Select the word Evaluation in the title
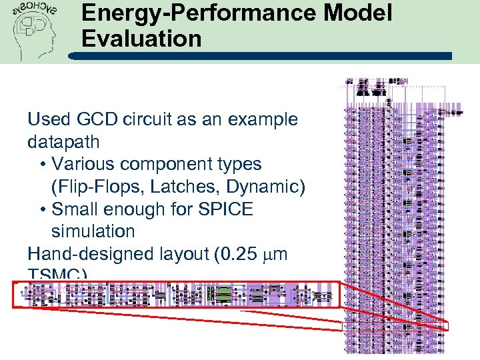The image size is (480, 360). [x=141, y=39]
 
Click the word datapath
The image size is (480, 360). [x=63, y=142]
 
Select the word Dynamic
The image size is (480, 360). [x=263, y=187]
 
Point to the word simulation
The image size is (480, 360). [x=93, y=231]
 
